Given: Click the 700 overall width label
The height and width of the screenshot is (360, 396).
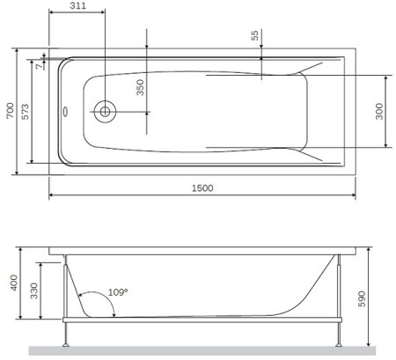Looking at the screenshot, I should [x=9, y=109].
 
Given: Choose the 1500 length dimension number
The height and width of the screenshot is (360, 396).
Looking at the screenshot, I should [x=202, y=187].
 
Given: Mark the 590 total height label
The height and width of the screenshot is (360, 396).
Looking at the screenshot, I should [x=378, y=298].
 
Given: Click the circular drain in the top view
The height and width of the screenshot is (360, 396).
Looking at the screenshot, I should [x=106, y=111].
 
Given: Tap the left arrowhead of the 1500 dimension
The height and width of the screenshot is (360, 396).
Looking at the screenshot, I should [x=51, y=195].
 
